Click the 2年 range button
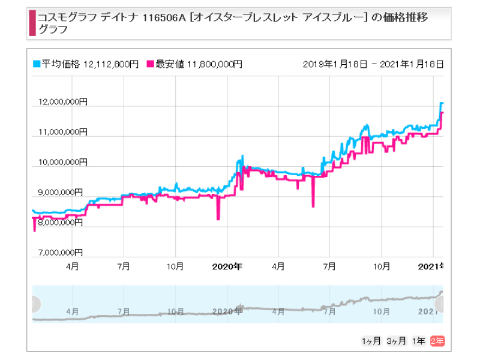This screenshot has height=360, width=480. [x=437, y=341]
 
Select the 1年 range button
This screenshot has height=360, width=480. [x=419, y=341]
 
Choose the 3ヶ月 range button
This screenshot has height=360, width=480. [x=396, y=341]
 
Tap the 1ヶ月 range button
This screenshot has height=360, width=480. [x=371, y=341]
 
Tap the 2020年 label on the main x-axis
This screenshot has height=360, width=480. [x=227, y=265]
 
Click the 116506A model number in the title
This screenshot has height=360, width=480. [x=165, y=18]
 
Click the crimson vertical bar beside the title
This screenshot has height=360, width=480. [x=32, y=22]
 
